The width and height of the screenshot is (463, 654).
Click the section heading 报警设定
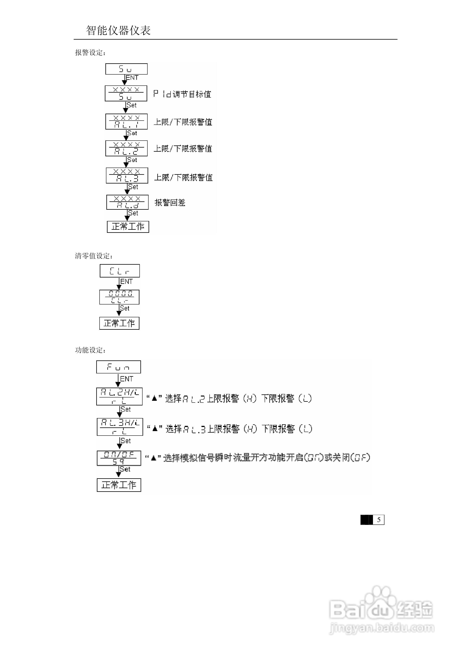click(90, 53)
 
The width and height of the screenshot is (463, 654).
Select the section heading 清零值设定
click(94, 256)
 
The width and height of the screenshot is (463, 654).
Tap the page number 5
click(379, 520)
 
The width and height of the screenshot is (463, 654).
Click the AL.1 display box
click(126, 122)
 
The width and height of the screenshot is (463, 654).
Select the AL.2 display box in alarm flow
click(126, 148)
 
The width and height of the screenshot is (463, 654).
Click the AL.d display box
click(127, 202)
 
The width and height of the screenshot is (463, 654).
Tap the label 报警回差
click(170, 203)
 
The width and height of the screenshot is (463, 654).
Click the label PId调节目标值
click(182, 94)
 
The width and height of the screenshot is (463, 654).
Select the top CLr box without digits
click(120, 271)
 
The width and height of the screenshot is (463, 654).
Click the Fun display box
click(118, 367)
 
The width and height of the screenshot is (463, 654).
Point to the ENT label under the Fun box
click(127, 379)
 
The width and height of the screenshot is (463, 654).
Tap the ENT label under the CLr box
click(126, 281)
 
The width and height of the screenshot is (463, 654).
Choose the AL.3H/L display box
click(120, 427)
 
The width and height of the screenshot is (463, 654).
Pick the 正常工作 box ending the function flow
click(119, 485)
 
